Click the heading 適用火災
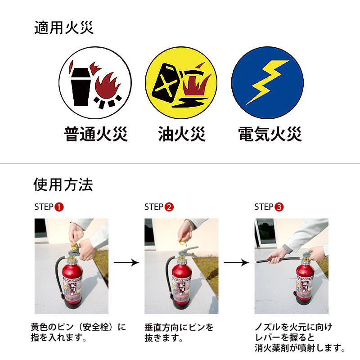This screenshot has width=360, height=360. tap(64, 28)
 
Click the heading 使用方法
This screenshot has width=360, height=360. tap(63, 184)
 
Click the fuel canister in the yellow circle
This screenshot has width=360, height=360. tap(166, 83)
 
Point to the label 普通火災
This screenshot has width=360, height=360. tap(95, 134)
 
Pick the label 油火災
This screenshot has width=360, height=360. tap(182, 134)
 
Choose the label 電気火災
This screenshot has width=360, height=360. tap(270, 134)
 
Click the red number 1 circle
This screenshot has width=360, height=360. tap(59, 207)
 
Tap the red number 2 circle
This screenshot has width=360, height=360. tap(169, 207)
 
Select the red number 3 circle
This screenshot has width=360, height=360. tap(279, 207)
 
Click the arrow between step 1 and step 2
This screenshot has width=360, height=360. tap(126, 262)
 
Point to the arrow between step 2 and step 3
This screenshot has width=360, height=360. tap(236, 262)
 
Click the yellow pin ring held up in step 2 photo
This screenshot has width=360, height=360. tap(183, 242)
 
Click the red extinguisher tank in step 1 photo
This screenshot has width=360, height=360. tap(72, 284)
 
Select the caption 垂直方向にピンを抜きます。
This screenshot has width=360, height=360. tap(179, 333)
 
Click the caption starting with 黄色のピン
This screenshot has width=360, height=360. tap(78, 332)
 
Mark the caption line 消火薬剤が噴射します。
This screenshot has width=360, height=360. tap(300, 348)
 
